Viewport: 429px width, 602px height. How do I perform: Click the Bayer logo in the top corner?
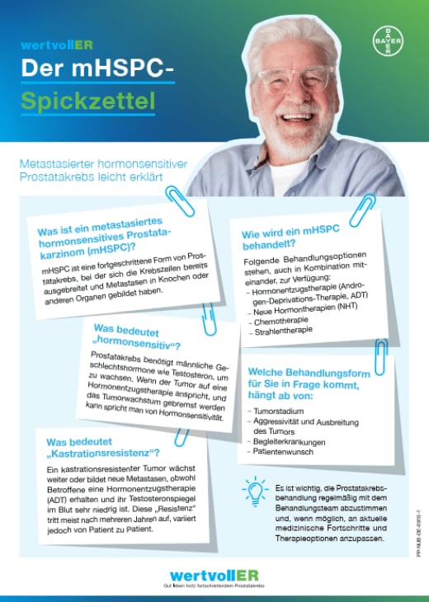(387, 40)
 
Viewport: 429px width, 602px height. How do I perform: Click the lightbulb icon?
(255, 490)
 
